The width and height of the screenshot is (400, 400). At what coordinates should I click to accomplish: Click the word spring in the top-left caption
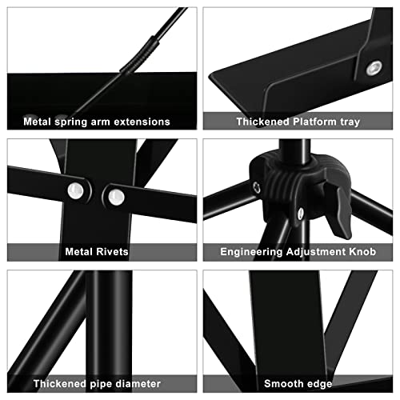[74, 122]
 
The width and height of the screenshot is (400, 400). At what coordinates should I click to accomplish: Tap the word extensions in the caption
[142, 122]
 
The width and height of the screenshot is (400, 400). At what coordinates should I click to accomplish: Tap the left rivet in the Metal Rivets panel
[77, 190]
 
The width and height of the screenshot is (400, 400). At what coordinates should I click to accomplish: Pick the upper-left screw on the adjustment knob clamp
[257, 186]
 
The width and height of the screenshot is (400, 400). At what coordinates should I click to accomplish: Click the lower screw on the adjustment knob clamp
[300, 212]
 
